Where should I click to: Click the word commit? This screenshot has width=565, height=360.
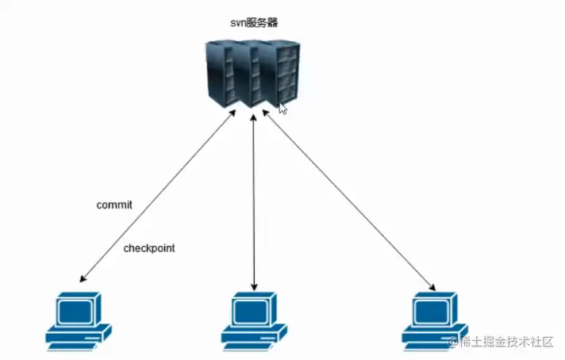click(114, 205)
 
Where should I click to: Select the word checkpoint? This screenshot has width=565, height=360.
click(149, 248)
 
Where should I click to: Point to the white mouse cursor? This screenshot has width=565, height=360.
click(282, 108)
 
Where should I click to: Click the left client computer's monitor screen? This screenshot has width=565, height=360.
click(76, 308)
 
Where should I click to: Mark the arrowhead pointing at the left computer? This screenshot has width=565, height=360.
click(82, 279)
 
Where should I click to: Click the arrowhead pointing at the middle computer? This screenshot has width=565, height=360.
click(254, 285)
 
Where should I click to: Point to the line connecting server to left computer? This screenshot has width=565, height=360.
click(159, 194)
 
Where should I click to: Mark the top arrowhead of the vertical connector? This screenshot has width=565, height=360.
click(254, 117)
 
